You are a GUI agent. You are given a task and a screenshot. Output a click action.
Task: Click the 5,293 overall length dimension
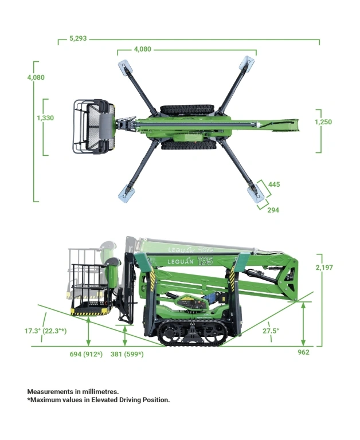[78, 38]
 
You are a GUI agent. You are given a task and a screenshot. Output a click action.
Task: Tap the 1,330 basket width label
[45, 118]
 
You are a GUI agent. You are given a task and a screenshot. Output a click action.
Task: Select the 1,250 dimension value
[323, 122]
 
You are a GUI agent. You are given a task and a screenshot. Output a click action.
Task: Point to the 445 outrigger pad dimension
[274, 184]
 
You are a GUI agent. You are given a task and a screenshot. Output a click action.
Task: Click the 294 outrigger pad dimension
[273, 210]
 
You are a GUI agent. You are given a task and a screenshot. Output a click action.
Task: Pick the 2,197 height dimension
[324, 268]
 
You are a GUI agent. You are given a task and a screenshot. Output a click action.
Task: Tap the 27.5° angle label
[271, 331]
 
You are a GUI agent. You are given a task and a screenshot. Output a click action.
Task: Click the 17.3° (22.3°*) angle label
[45, 331]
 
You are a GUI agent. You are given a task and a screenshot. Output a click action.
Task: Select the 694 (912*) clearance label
[86, 354]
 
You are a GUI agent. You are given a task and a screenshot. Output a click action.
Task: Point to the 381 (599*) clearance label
[127, 354]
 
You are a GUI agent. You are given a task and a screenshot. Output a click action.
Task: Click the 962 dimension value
[303, 352]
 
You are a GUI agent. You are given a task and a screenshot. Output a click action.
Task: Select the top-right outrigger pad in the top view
[247, 62]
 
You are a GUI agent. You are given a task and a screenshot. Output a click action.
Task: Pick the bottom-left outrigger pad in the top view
[126, 192]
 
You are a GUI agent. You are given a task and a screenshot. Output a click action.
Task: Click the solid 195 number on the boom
[205, 261]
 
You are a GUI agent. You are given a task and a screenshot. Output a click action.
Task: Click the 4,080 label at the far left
[36, 77]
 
